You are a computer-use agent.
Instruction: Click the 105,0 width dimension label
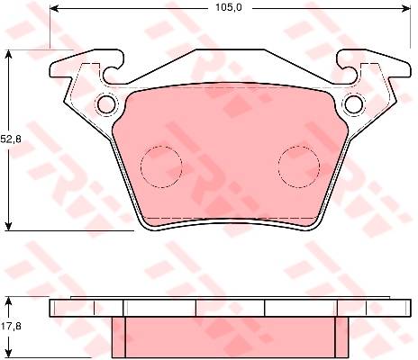229,8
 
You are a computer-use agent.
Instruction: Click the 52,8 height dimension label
11,139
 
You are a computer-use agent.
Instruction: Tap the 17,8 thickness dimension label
11,326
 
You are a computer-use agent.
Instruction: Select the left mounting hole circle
106,104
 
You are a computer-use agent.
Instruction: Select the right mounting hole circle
354,104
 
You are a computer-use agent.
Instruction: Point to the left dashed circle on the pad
161,166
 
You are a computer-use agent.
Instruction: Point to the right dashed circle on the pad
299,166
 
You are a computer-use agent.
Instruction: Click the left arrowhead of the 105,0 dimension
53,9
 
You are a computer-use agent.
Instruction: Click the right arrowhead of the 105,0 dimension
406,9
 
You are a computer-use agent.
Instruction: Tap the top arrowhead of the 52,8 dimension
9,53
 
